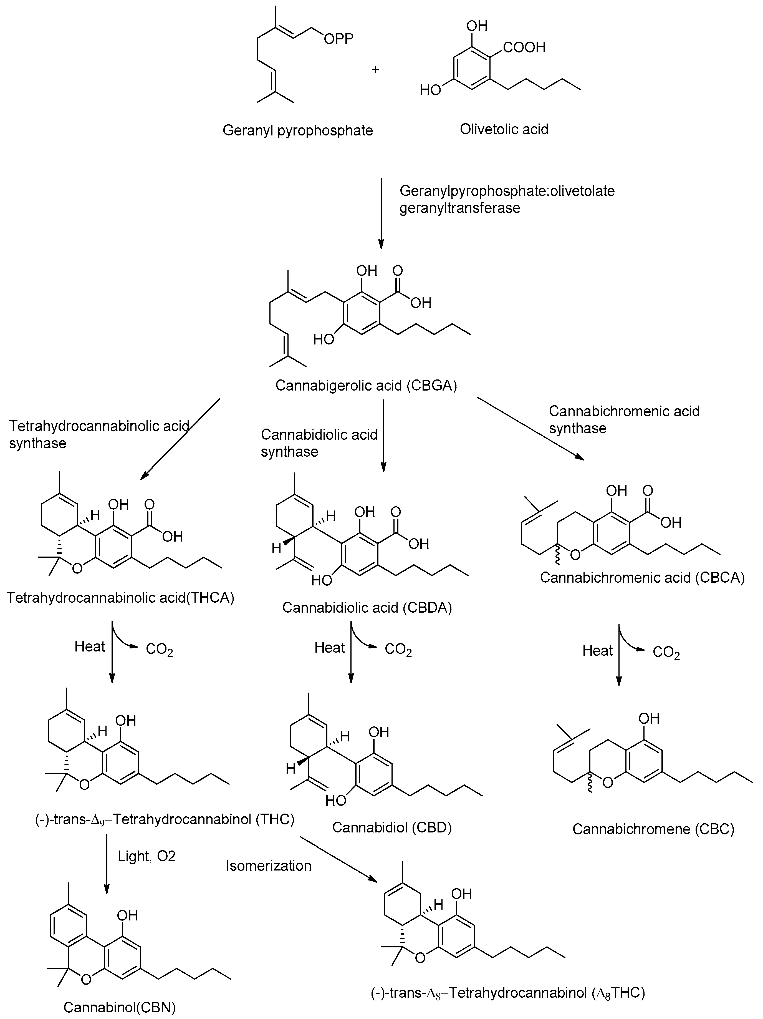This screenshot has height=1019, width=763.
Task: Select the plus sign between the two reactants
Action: coord(375,70)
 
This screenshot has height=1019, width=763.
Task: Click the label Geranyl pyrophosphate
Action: coord(297,130)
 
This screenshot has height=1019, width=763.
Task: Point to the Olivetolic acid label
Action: coord(504,129)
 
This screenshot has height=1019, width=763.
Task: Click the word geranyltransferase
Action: coord(459,208)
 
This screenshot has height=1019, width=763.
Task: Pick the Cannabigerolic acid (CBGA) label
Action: coord(366,385)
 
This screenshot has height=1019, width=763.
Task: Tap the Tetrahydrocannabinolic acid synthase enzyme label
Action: coord(99,434)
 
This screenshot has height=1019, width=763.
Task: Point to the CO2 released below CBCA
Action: coord(666,653)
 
